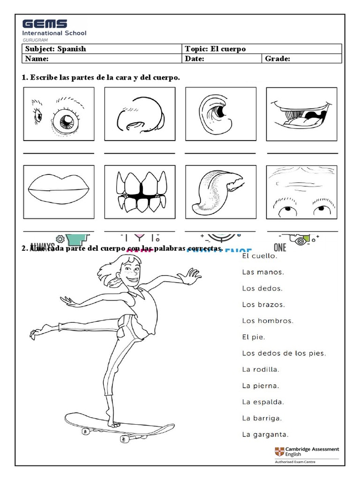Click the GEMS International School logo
[x=54, y=30]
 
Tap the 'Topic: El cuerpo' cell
[x=261, y=49]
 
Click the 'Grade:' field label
[x=278, y=59]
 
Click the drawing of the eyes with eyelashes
[x=59, y=114]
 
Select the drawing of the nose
[x=140, y=114]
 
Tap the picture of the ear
[x=220, y=114]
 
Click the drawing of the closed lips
[x=59, y=192]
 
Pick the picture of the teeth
[x=140, y=192]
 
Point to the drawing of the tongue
[x=220, y=192]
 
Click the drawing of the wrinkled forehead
[x=301, y=192]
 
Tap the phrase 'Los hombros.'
[x=268, y=321]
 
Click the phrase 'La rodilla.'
[x=261, y=369]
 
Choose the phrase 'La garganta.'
[x=265, y=434]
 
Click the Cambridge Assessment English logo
[x=307, y=453]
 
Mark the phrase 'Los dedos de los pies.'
[x=284, y=353]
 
